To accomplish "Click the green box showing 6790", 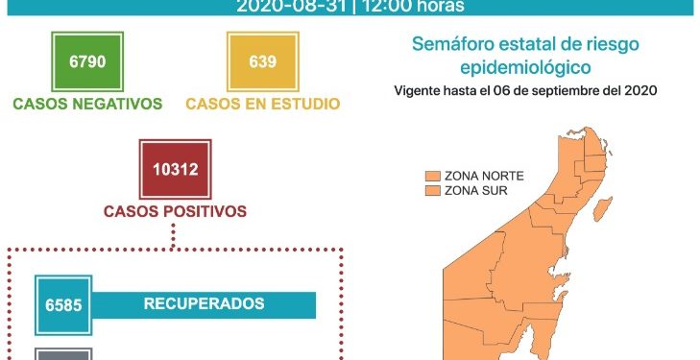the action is (x=86, y=61).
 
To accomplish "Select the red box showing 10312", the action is (x=175, y=170).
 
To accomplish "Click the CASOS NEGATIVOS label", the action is (x=87, y=104).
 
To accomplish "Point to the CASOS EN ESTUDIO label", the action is (x=262, y=104).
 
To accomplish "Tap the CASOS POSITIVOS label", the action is (x=175, y=211).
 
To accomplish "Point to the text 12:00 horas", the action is (x=413, y=7).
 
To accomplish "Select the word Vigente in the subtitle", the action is (x=420, y=91).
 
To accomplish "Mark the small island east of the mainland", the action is (x=605, y=206).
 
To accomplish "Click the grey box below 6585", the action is (x=63, y=353).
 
